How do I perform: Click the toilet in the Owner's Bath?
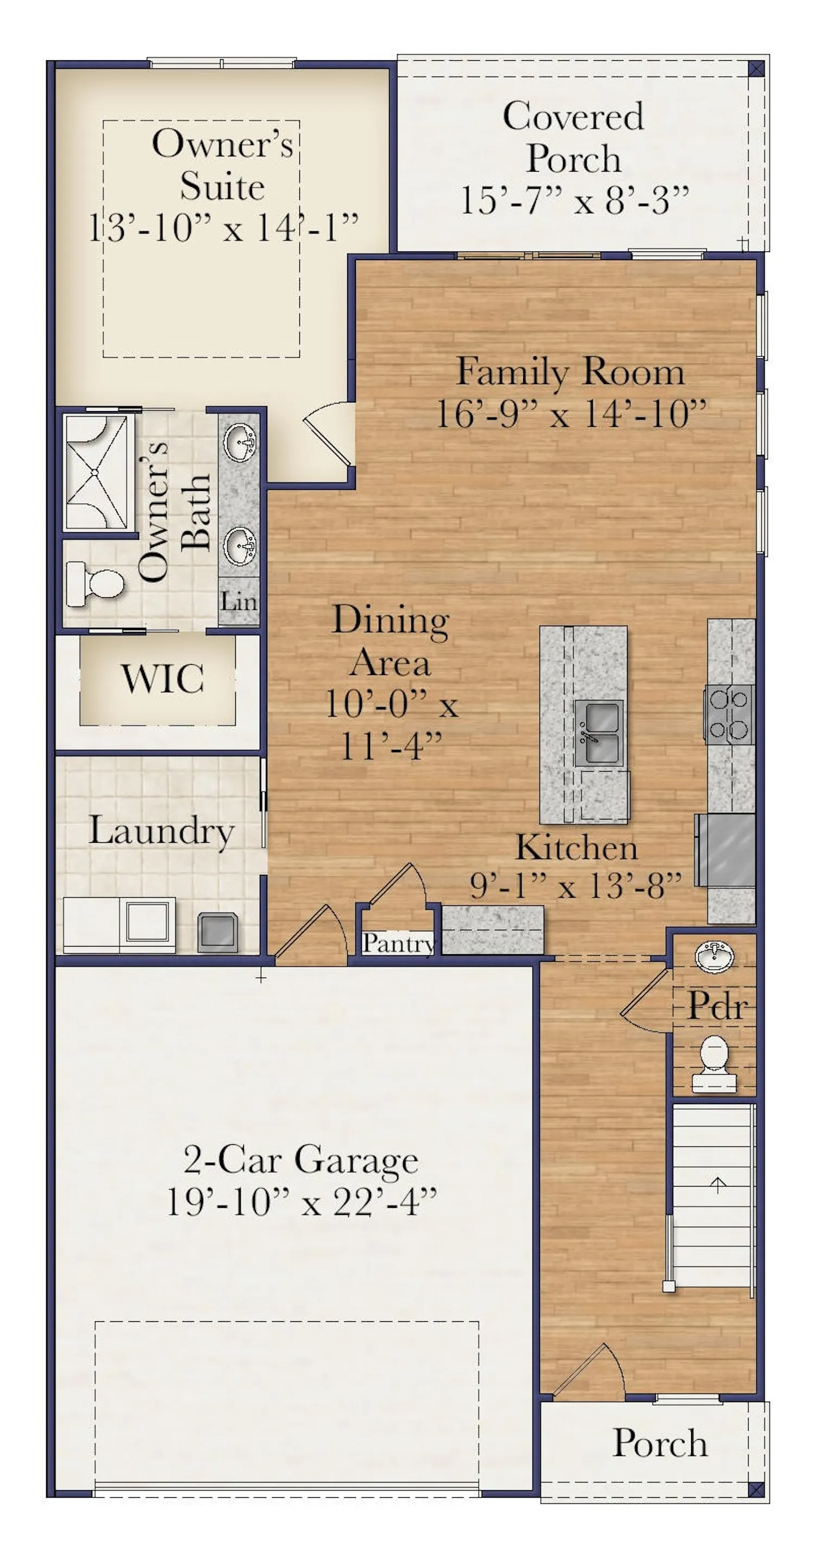tap(97, 584)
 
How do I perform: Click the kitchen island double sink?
tap(598, 733)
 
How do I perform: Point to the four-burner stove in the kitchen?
tap(729, 715)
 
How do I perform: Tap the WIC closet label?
tap(162, 679)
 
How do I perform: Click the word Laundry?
tap(161, 830)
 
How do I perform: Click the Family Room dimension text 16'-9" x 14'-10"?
tap(570, 414)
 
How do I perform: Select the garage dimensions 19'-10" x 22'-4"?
tap(300, 1202)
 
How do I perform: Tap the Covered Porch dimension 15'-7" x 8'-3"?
tap(574, 201)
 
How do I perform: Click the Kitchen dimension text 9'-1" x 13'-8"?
tap(575, 886)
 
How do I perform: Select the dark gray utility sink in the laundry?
tap(217, 931)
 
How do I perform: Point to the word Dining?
tap(391, 621)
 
